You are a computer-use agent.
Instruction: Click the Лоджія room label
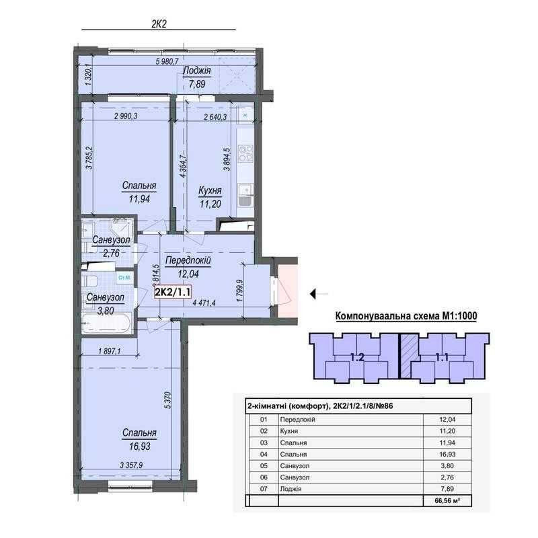(x=197, y=71)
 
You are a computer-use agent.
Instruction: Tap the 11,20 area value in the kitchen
(x=210, y=204)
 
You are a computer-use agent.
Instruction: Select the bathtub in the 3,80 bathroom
(x=106, y=323)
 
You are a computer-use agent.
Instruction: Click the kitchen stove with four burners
(x=245, y=153)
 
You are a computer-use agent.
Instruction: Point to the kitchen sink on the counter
(x=245, y=195)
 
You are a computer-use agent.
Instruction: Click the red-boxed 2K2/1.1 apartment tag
(x=173, y=292)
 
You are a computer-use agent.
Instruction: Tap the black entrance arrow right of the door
(x=319, y=294)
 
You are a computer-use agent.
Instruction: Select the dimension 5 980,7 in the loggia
(x=167, y=62)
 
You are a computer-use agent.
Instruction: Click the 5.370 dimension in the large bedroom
(x=167, y=400)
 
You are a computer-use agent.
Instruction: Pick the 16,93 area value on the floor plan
(x=140, y=447)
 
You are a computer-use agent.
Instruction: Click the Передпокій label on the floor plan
(x=188, y=260)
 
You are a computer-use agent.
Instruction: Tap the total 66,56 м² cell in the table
(x=447, y=500)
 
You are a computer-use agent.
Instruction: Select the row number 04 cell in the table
(x=264, y=455)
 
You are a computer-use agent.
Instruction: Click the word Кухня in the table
(x=289, y=431)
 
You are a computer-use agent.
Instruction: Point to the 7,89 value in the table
(x=447, y=489)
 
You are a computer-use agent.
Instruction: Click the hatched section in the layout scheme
(x=410, y=356)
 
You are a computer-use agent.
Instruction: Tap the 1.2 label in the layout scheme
(x=357, y=358)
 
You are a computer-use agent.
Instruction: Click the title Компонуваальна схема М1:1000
(x=406, y=316)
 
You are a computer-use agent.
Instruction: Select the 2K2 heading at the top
(x=159, y=24)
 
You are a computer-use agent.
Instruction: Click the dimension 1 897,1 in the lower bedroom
(x=110, y=351)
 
